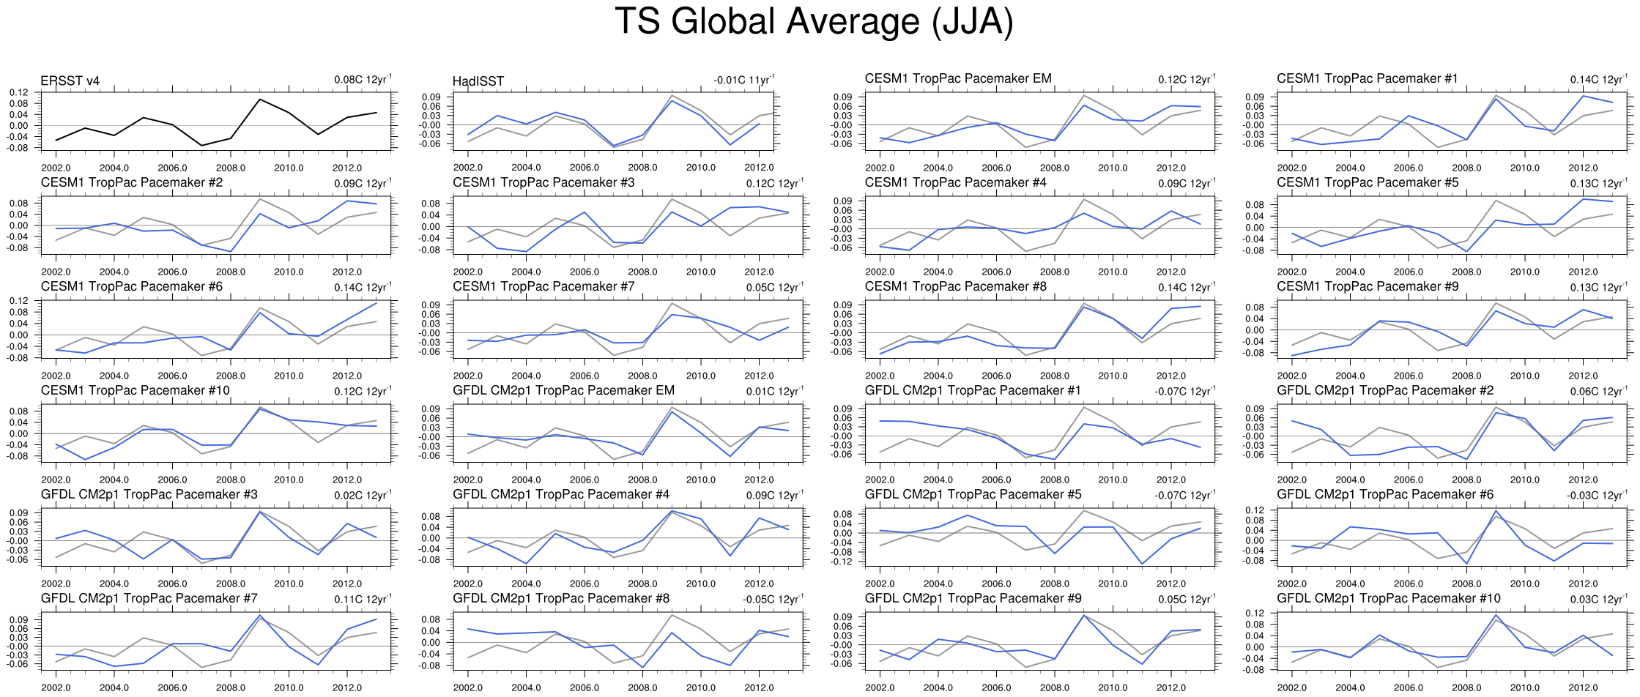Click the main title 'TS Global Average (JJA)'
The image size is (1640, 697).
coord(814,22)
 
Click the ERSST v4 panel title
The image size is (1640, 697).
coord(70,81)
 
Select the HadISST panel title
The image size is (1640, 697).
coord(478,81)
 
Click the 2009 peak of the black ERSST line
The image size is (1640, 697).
coord(260,100)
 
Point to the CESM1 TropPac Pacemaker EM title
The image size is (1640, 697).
coord(958,78)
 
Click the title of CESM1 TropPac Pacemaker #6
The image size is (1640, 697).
coord(132,286)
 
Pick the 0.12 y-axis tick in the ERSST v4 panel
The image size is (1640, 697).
coord(19,93)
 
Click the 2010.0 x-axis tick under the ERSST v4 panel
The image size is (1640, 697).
coord(289,168)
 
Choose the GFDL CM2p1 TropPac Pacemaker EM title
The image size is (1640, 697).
coord(563,390)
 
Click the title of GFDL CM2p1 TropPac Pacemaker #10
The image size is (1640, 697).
coord(1389,598)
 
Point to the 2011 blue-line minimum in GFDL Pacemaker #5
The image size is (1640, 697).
coord(1142,564)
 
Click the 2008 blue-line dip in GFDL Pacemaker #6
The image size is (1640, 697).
coord(1466,563)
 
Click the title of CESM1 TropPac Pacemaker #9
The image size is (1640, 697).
coord(1368,286)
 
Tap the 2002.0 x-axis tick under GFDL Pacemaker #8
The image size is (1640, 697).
coord(468,687)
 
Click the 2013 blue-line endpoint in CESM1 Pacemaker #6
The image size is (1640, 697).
coord(376,303)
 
